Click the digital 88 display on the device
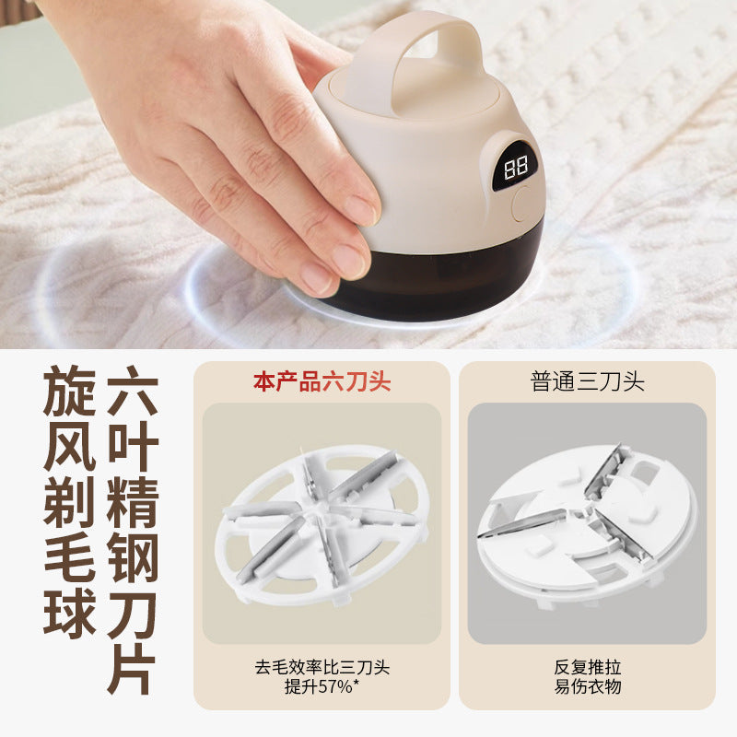coord(515,168)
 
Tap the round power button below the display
coord(521,204)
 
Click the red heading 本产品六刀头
coord(322,381)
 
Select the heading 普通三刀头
coord(587,381)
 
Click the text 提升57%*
coord(322,686)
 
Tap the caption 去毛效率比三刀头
coord(322,667)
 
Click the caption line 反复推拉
coord(587,667)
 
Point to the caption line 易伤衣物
coord(587,686)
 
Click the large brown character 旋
coord(70,391)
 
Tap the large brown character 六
coord(133,391)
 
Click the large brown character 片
coord(133,669)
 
